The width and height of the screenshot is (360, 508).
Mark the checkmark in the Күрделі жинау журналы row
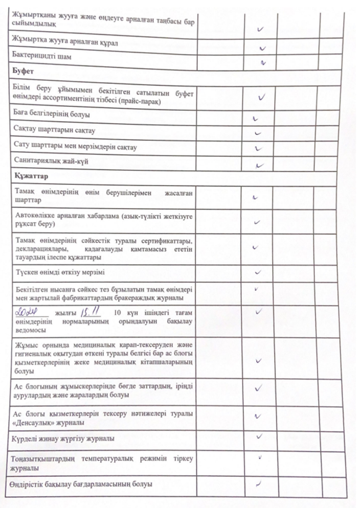259,435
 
